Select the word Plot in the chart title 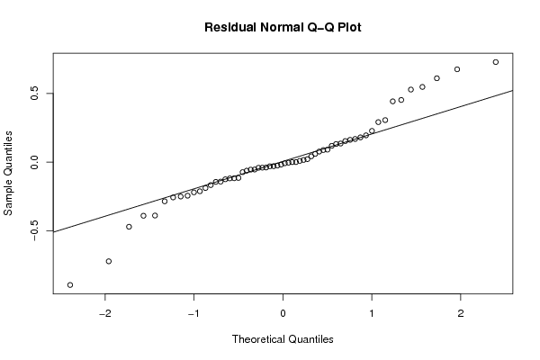point(349,27)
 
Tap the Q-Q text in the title point(320,27)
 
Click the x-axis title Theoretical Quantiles point(283,339)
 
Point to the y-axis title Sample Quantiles point(8,173)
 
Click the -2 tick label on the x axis point(105,313)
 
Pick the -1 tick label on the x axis point(193,313)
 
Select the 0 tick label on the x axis point(283,313)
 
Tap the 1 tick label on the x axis point(372,313)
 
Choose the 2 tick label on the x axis point(461,313)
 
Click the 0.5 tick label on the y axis point(34,94)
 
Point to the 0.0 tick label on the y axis point(34,162)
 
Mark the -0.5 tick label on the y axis point(34,229)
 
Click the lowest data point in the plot point(70,285)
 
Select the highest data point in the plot point(496,62)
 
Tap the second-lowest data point point(109,261)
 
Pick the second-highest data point point(457,69)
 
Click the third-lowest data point point(129,227)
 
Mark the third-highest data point point(436,78)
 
